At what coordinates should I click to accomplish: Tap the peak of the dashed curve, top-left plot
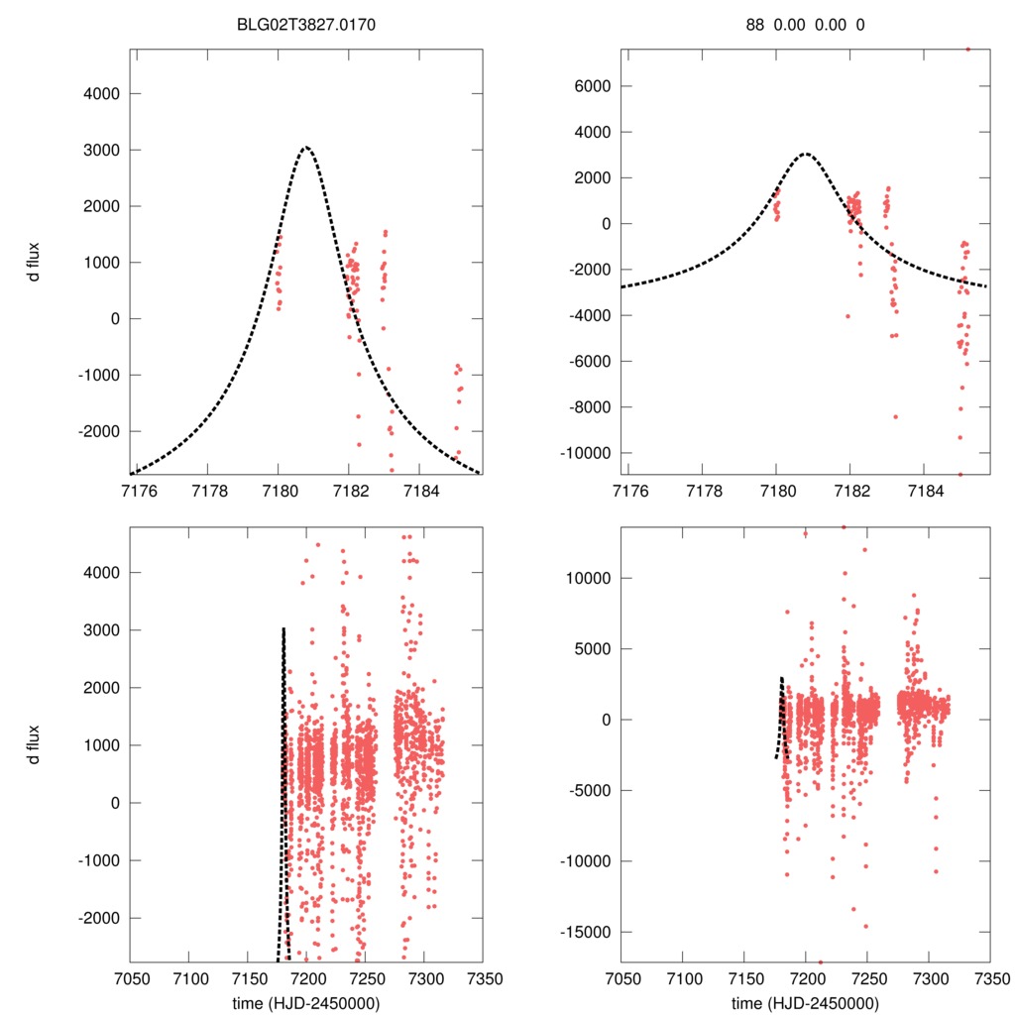coord(305,148)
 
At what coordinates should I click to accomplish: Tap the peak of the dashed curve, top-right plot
coord(805,154)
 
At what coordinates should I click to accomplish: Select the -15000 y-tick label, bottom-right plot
coord(584,933)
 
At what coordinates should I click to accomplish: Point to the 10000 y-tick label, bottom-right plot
coord(589,578)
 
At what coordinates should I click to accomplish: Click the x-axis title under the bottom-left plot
coord(305,1002)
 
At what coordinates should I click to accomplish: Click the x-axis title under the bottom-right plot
coord(805,1002)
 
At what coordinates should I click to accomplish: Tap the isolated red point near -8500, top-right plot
coord(895,416)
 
